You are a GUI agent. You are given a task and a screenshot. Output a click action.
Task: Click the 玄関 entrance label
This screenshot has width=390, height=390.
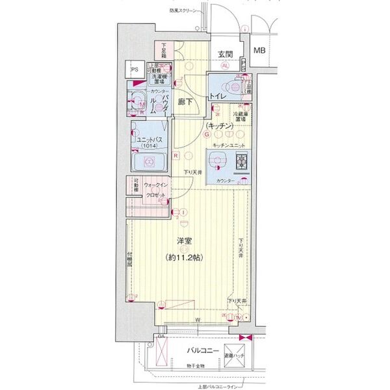pyautogui.click(x=225, y=53)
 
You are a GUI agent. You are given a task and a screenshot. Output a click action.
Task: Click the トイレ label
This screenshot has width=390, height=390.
pyautogui.click(x=217, y=96)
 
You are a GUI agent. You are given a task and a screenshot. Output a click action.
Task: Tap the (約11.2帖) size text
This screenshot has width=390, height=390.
pyautogui.click(x=184, y=257)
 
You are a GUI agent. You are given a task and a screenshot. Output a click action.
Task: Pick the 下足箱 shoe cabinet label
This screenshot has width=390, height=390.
pyautogui.click(x=160, y=49)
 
